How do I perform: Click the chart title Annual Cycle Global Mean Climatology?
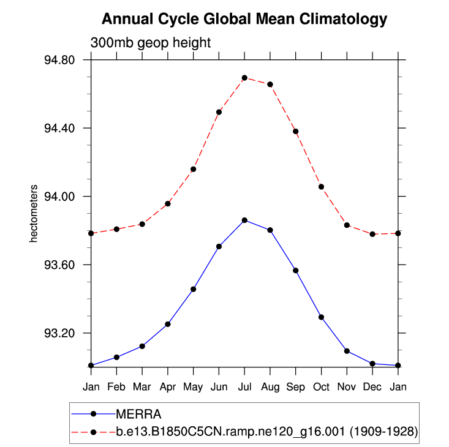pyautogui.click(x=244, y=19)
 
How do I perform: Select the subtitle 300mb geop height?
pyautogui.click(x=151, y=43)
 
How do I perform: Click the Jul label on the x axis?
pyautogui.click(x=244, y=386)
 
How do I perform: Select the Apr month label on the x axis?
pyautogui.click(x=167, y=386)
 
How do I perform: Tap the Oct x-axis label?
pyautogui.click(x=321, y=386)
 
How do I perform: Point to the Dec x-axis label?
pyautogui.click(x=372, y=386)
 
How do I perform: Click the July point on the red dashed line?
pyautogui.click(x=244, y=78)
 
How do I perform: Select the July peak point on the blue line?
pyautogui.click(x=244, y=220)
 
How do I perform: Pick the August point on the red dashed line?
pyautogui.click(x=270, y=84)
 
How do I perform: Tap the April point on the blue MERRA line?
pyautogui.click(x=168, y=324)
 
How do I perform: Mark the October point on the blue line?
pyautogui.click(x=321, y=317)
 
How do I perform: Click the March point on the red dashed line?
pyautogui.click(x=142, y=224)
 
